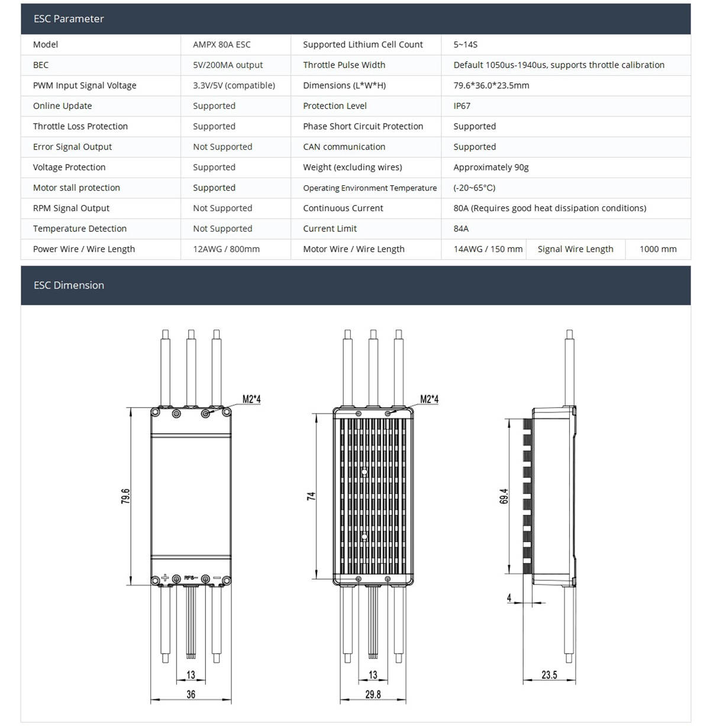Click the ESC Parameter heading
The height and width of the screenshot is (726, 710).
69,19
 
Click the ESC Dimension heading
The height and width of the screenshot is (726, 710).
69,285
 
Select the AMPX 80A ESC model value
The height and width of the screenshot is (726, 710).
221,44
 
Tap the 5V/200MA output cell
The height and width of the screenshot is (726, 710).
228,65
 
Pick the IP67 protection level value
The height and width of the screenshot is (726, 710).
461,106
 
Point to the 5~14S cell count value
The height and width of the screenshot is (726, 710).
465,44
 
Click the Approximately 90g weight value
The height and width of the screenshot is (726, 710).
490,167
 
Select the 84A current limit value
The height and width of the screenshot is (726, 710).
461,228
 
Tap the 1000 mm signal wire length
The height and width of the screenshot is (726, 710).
657,249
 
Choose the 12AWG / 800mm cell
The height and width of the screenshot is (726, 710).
226,249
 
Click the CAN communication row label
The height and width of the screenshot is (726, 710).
344,147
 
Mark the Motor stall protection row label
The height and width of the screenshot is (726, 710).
76,188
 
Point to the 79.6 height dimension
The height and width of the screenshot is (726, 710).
125,496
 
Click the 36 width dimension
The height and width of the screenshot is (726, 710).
191,694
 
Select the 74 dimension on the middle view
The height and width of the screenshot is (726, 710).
311,496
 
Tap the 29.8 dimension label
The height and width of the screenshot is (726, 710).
373,694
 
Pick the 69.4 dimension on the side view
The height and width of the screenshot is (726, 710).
504,496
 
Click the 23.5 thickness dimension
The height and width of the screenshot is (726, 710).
549,675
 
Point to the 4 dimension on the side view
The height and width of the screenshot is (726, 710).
509,598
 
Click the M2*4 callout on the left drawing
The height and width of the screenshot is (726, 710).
251,399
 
